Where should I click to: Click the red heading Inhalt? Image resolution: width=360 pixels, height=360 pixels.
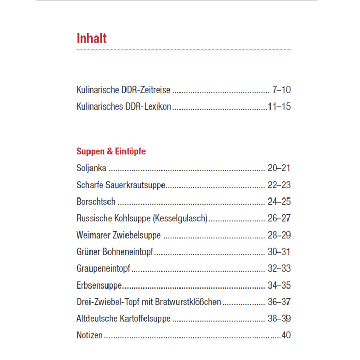92,39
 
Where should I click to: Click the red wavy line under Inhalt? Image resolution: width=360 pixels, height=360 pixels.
184,50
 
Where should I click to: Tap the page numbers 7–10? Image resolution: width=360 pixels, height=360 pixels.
281,90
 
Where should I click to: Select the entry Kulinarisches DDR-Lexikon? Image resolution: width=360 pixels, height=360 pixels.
123,107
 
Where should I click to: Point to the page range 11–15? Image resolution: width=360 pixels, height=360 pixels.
279,107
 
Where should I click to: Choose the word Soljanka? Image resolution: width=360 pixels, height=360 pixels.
92,168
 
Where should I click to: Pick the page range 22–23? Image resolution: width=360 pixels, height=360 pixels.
279,185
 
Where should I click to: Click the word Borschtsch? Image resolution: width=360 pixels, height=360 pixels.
96,202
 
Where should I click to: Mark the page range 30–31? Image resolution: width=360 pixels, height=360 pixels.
279,252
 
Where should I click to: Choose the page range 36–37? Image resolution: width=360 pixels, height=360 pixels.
279,302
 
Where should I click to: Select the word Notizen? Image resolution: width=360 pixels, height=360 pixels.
89,335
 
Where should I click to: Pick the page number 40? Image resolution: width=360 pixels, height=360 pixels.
286,335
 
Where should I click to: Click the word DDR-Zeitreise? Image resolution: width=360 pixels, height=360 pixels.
147,90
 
